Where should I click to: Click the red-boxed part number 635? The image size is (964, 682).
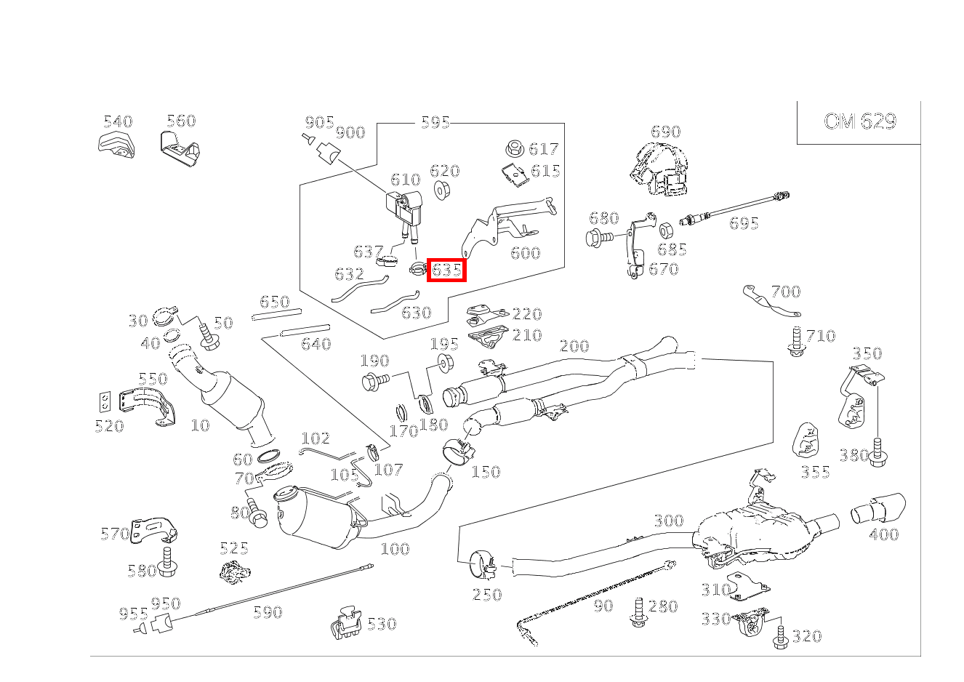pyautogui.click(x=446, y=270)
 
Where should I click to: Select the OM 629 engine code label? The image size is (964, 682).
pyautogui.click(x=859, y=121)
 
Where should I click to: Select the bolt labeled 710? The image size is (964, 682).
pyautogui.click(x=796, y=342)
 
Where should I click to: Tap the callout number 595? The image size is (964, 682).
pyautogui.click(x=435, y=122)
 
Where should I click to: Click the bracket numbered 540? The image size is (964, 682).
pyautogui.click(x=114, y=144)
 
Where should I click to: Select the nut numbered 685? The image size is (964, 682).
pyautogui.click(x=664, y=230)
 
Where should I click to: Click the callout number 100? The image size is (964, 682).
pyautogui.click(x=395, y=549)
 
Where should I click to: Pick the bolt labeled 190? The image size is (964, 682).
pyautogui.click(x=374, y=380)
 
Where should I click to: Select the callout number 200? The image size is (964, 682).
pyautogui.click(x=574, y=346)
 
